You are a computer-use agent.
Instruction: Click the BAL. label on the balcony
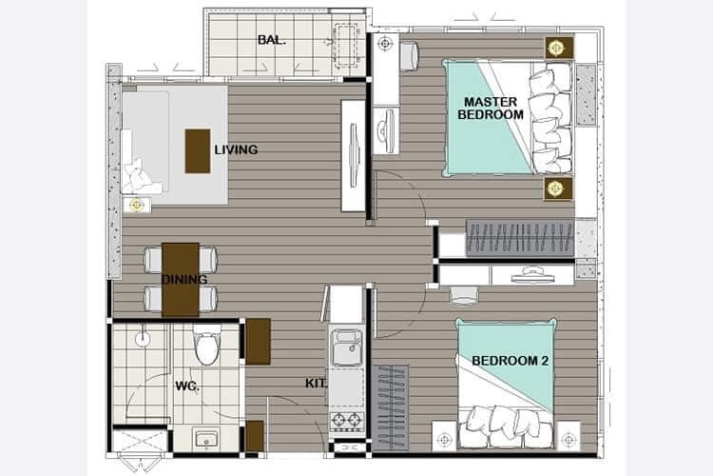(x=272, y=40)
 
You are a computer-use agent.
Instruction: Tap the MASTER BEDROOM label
(x=491, y=108)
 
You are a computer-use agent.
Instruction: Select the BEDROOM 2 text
(x=511, y=361)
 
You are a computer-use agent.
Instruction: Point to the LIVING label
(x=236, y=149)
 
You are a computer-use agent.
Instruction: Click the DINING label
(x=184, y=279)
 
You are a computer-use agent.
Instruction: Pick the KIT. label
(x=316, y=384)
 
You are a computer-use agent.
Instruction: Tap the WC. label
(x=187, y=387)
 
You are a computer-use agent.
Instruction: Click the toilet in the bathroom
(x=207, y=345)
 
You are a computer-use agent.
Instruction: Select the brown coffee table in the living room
(x=198, y=151)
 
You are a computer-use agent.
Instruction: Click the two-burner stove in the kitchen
(x=347, y=421)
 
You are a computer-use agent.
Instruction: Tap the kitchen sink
(x=347, y=347)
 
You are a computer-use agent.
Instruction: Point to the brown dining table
(x=181, y=279)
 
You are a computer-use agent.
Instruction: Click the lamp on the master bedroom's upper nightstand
(x=556, y=48)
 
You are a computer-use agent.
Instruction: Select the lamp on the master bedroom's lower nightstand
(x=555, y=188)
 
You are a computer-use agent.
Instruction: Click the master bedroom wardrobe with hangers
(x=520, y=239)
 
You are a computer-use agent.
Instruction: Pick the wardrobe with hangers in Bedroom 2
(x=391, y=407)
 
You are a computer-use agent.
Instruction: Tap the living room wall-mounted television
(x=355, y=155)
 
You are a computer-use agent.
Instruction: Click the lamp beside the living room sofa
(x=136, y=206)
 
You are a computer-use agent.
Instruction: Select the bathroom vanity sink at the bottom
(x=206, y=440)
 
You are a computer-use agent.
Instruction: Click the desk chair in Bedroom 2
(x=464, y=295)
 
